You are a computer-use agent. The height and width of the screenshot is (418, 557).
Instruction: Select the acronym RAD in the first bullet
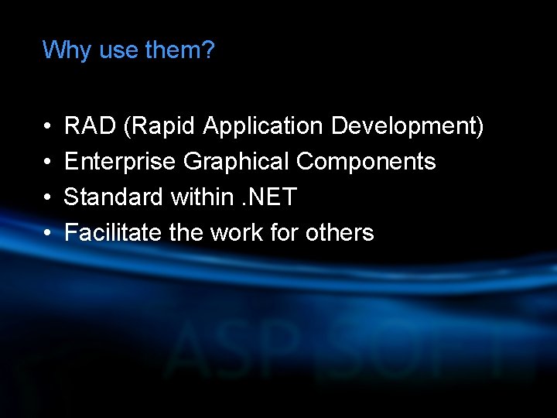point(90,125)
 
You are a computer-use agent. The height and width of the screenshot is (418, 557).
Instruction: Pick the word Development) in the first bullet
point(407,125)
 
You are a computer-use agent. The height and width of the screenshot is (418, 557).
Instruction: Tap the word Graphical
point(237,162)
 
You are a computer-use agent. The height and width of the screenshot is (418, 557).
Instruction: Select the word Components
point(366,162)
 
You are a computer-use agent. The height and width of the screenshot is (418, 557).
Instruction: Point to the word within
point(200,197)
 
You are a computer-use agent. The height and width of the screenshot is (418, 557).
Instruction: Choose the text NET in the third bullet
point(272,197)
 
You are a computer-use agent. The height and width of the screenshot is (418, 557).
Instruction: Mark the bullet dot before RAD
point(47,126)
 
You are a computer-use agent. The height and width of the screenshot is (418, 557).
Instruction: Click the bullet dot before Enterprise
point(47,163)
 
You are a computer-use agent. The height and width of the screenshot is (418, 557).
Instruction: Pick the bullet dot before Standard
point(47,198)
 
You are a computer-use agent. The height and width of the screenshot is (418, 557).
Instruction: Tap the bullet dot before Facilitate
point(47,234)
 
